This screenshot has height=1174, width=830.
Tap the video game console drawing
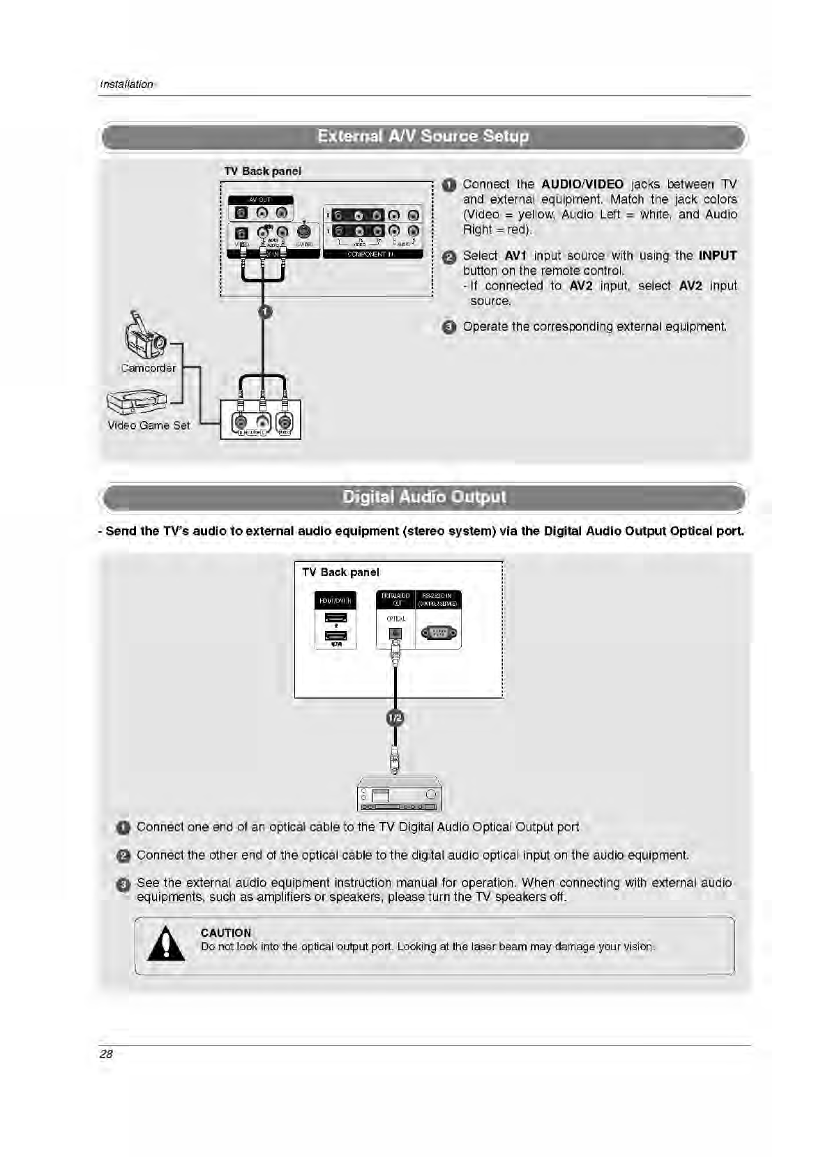(x=137, y=402)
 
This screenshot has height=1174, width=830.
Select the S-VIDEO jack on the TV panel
(x=303, y=231)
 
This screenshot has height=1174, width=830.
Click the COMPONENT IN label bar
(x=372, y=254)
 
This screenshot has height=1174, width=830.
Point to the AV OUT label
(x=260, y=199)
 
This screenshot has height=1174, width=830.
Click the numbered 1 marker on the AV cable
(x=264, y=311)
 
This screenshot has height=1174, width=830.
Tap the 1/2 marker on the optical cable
(x=395, y=717)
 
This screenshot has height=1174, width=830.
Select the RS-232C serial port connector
(x=439, y=633)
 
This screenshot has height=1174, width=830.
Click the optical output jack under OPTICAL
(x=395, y=633)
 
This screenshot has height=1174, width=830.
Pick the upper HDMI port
(x=336, y=617)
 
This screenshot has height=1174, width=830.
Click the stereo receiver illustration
(x=399, y=795)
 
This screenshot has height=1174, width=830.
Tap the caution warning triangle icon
(x=167, y=946)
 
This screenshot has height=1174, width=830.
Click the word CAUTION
(x=225, y=933)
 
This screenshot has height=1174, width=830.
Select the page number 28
(x=106, y=1054)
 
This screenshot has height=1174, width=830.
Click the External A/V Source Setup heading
(x=423, y=136)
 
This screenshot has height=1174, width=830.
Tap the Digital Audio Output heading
(x=424, y=497)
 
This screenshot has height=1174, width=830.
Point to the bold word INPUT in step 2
(x=717, y=256)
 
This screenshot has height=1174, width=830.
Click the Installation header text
(x=126, y=84)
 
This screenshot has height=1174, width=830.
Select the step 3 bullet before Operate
(x=450, y=327)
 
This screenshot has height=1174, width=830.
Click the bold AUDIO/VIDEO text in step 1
(x=582, y=184)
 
